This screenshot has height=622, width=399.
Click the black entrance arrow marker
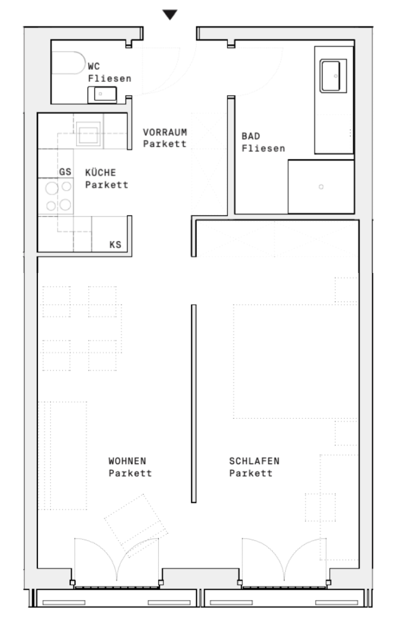click(170, 14)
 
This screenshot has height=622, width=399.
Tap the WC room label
click(94, 66)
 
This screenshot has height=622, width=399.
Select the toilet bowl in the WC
click(69, 63)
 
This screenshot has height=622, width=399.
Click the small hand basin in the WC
click(102, 94)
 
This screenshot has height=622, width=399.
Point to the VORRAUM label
click(165, 132)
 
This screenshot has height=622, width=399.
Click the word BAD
click(250, 136)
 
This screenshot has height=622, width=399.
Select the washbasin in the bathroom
click(333, 76)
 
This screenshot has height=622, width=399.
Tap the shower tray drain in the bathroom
click(321, 187)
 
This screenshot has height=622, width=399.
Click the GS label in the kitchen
click(65, 172)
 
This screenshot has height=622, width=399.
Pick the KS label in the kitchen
click(115, 244)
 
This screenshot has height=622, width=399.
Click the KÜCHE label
click(100, 172)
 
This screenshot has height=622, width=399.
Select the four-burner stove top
click(55, 196)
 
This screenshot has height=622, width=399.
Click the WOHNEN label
click(127, 461)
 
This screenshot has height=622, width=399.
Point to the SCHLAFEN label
click(254, 461)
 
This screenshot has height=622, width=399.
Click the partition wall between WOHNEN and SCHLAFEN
click(193, 403)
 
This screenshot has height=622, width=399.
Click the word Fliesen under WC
click(109, 78)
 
